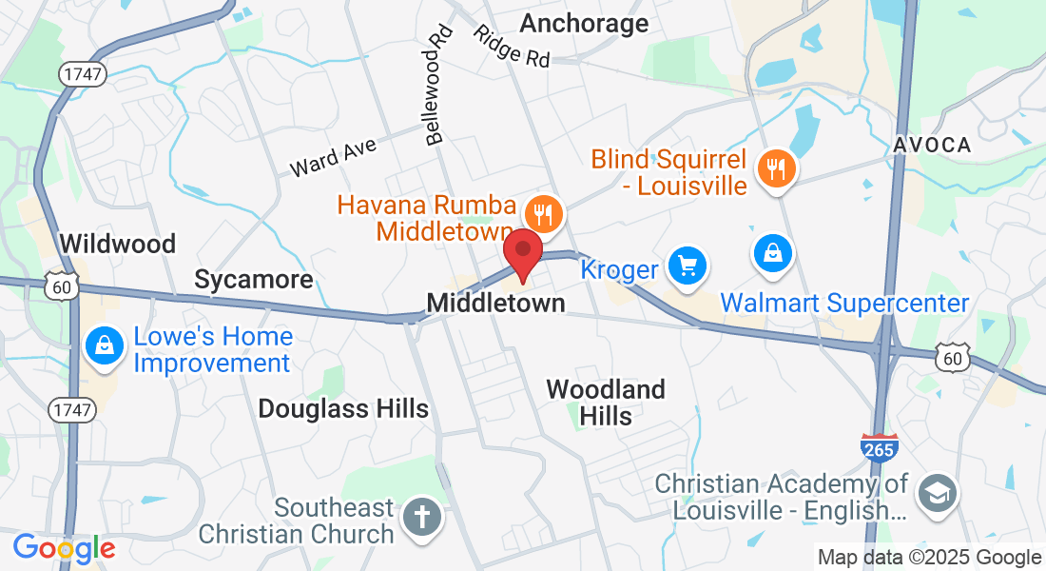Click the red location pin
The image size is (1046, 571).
point(522,253)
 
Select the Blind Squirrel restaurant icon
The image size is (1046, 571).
point(777,169)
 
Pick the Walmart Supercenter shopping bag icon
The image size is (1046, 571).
point(773,253)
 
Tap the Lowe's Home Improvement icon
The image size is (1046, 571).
point(102,345)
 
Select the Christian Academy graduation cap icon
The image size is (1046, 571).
point(936,492)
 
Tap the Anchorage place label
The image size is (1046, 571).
point(585,23)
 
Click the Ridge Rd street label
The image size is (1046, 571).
point(513,45)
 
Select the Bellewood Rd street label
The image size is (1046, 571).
point(438,85)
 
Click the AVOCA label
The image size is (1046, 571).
point(932,146)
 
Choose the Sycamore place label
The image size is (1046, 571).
point(254,280)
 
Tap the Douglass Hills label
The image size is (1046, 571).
point(343,409)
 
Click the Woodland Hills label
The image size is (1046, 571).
point(606,403)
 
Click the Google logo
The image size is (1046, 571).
point(64,548)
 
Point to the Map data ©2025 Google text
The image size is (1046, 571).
point(929,558)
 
